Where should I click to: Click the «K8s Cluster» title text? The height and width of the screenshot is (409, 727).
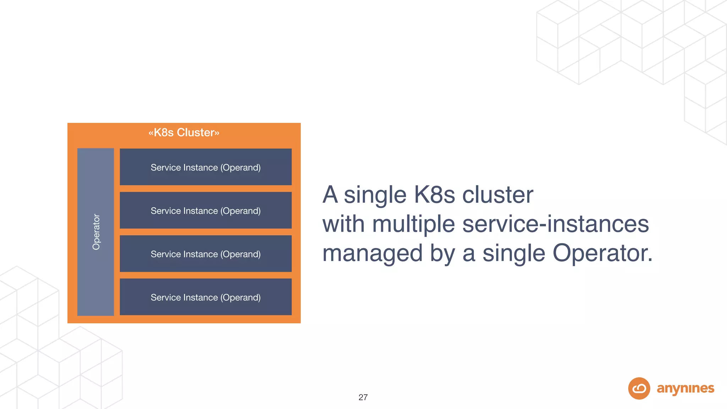click(184, 132)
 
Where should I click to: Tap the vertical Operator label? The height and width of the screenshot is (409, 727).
click(96, 232)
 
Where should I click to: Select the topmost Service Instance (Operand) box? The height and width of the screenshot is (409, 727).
click(206, 167)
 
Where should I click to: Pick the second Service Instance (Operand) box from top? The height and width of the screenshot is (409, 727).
click(206, 211)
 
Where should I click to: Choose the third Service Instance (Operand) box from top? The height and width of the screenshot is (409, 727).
click(206, 254)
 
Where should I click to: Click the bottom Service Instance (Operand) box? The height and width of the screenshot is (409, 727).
click(206, 297)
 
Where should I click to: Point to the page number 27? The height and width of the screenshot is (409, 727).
click(363, 397)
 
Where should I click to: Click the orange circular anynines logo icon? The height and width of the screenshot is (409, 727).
click(639, 388)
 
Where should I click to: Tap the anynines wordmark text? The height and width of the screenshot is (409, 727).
click(685, 388)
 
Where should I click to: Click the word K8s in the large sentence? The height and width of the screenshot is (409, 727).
click(434, 195)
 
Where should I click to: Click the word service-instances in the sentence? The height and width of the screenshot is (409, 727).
click(556, 224)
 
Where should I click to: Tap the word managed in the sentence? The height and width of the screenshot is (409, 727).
click(372, 254)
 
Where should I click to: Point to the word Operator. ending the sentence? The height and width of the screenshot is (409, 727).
click(602, 253)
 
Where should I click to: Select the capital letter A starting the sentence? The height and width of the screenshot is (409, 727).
click(330, 195)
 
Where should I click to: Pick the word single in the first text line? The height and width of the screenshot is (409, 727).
click(375, 195)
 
